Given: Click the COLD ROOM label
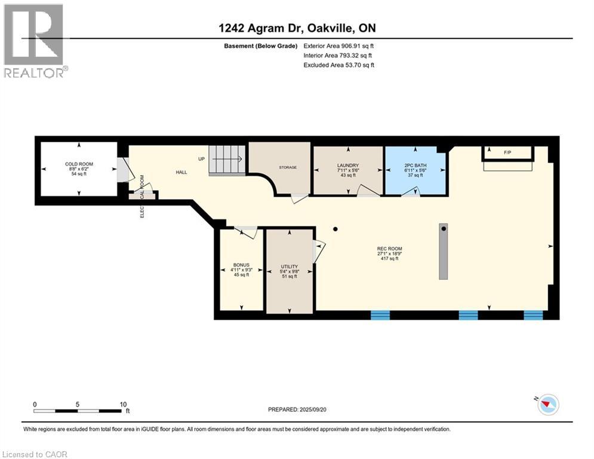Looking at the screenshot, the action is click(x=79, y=164).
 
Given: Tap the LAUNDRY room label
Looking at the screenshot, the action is click(x=348, y=166).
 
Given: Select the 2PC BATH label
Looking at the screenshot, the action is click(x=415, y=166).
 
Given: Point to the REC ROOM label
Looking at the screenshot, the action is click(x=389, y=249).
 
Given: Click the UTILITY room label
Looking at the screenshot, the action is click(x=290, y=267).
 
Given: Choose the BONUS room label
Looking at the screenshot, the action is click(x=241, y=265).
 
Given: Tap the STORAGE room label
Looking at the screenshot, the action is click(x=288, y=167).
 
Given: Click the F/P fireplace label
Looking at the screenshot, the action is click(x=507, y=152).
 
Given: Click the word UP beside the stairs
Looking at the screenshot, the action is click(x=202, y=159).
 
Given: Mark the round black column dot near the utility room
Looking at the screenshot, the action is click(x=336, y=229).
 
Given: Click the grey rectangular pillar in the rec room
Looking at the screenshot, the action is click(x=443, y=252).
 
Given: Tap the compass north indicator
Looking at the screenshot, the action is click(x=547, y=404).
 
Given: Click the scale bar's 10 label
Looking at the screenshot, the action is click(x=123, y=405).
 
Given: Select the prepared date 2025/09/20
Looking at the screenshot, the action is click(x=313, y=409).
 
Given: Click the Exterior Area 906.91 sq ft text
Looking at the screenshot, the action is click(x=338, y=46).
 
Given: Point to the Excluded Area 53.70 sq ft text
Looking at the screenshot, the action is click(x=339, y=65).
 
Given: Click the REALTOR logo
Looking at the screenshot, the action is click(x=35, y=41).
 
